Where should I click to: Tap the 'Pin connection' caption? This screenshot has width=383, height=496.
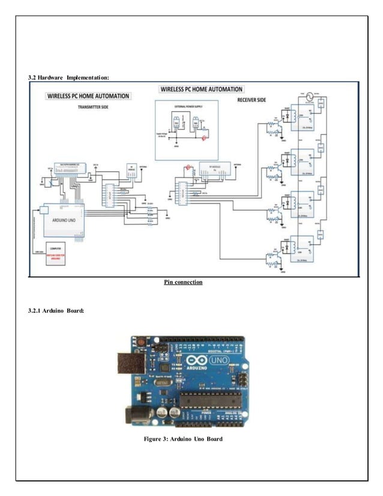click(184, 282)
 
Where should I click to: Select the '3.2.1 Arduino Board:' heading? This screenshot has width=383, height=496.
click(56, 311)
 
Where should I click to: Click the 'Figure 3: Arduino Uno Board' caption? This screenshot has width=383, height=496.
click(183, 439)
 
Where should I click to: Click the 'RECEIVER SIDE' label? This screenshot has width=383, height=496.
click(251, 100)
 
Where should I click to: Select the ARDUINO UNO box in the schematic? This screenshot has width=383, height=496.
click(62, 220)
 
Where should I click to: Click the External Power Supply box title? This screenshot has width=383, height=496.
click(187, 105)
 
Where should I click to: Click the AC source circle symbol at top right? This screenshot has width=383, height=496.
click(310, 96)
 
